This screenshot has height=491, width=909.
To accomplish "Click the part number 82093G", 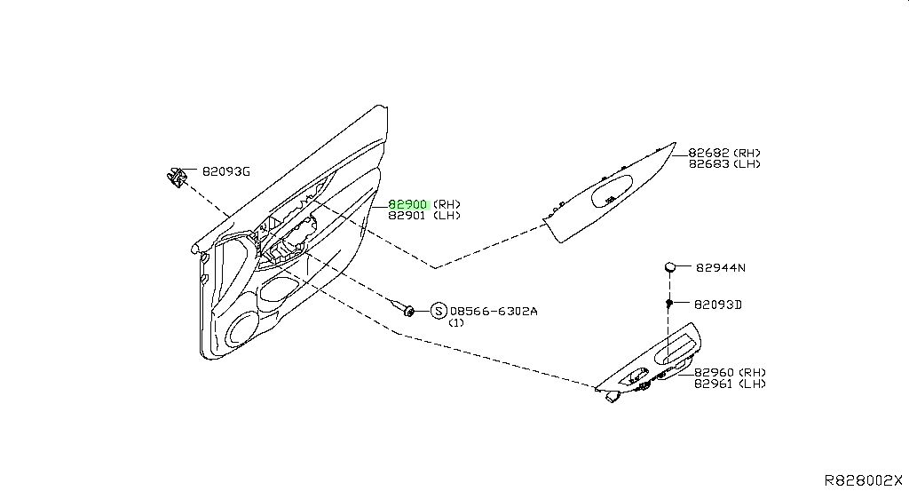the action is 225,171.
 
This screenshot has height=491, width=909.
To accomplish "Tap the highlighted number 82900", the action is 407,204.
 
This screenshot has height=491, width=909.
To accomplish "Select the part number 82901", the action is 407,215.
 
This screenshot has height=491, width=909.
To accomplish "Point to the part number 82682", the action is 708,153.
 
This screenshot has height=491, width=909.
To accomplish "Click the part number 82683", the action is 708,163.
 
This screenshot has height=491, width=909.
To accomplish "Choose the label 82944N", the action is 721,268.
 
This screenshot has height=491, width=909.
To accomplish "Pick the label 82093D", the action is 717,305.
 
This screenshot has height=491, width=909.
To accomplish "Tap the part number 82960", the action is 715,372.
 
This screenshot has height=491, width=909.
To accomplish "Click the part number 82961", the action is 715,384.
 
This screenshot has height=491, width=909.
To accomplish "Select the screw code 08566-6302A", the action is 494,312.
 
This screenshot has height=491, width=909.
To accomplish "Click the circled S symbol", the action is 439,312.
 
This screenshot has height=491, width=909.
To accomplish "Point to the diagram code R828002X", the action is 864,480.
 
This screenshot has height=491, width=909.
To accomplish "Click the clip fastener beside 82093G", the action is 176,177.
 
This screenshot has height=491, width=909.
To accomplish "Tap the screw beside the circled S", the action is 404,309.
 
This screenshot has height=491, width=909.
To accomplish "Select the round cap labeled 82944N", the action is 669,266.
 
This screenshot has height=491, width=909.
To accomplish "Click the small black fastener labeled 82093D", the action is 669,303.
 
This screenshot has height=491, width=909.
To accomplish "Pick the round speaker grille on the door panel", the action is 243,329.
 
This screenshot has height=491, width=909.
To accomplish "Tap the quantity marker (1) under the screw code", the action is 456,323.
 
